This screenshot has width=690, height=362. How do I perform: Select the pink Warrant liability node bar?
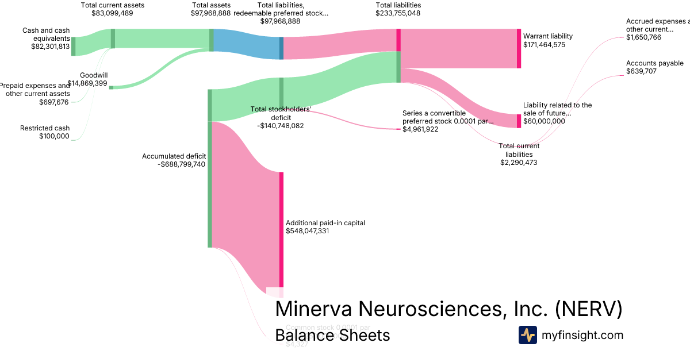click(519, 48)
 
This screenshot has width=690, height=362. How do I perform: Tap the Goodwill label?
click(94, 75)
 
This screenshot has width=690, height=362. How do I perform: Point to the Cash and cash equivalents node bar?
click(73, 46)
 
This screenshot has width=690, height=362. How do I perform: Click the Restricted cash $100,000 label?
click(45, 132)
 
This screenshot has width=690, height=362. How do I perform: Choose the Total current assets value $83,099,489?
click(112, 13)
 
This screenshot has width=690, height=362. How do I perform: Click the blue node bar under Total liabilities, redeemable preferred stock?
click(281, 48)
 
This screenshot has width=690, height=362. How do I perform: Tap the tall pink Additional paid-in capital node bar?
click(281, 230)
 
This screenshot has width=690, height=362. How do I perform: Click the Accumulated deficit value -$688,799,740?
click(182, 164)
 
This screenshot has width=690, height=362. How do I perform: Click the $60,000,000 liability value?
click(544, 121)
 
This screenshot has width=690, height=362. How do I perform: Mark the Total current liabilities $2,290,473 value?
click(519, 163)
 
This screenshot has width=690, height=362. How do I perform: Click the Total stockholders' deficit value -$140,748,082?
click(281, 125)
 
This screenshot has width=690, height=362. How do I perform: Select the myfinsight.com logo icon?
click(527, 335)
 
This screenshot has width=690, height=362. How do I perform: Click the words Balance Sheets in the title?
click(332, 335)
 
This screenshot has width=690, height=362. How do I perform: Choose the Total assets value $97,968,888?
click(211, 13)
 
